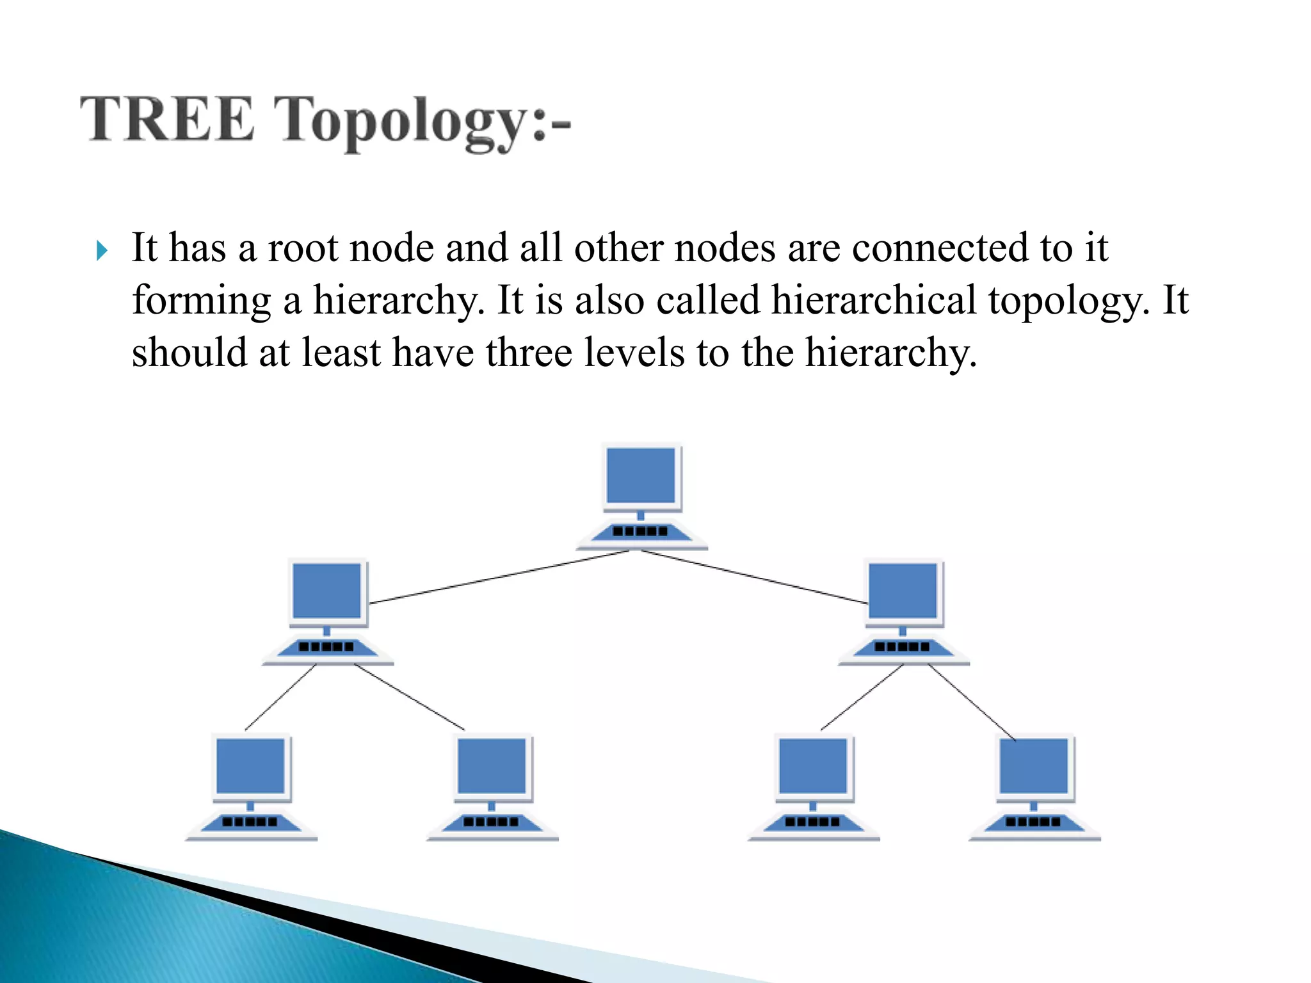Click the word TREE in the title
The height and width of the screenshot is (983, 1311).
[168, 118]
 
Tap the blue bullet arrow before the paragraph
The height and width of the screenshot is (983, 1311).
[102, 250]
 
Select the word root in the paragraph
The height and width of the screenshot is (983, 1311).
[302, 248]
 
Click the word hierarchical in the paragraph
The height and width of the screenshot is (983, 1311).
[873, 300]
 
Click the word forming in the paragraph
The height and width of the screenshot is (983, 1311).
[202, 301]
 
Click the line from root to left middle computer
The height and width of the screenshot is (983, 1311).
[499, 577]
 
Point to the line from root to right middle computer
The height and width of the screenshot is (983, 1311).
[755, 577]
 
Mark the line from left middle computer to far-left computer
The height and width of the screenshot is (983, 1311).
[280, 698]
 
